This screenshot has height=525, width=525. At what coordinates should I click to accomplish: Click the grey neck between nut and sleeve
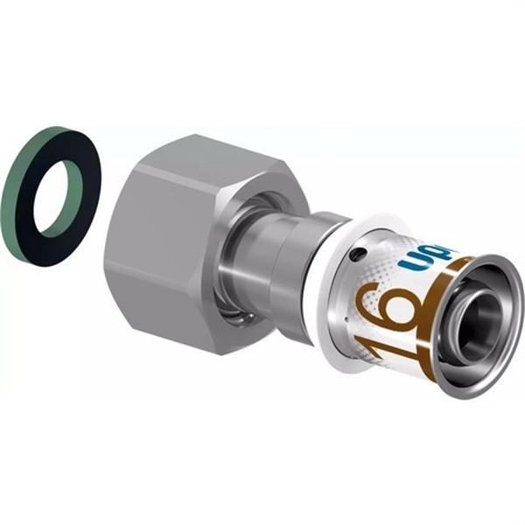coord(289,262)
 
